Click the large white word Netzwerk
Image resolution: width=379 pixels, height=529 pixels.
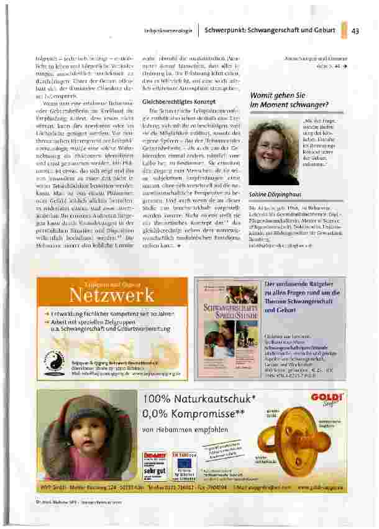click(x=103, y=293)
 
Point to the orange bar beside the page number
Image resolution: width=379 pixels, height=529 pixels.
click(x=344, y=30)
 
